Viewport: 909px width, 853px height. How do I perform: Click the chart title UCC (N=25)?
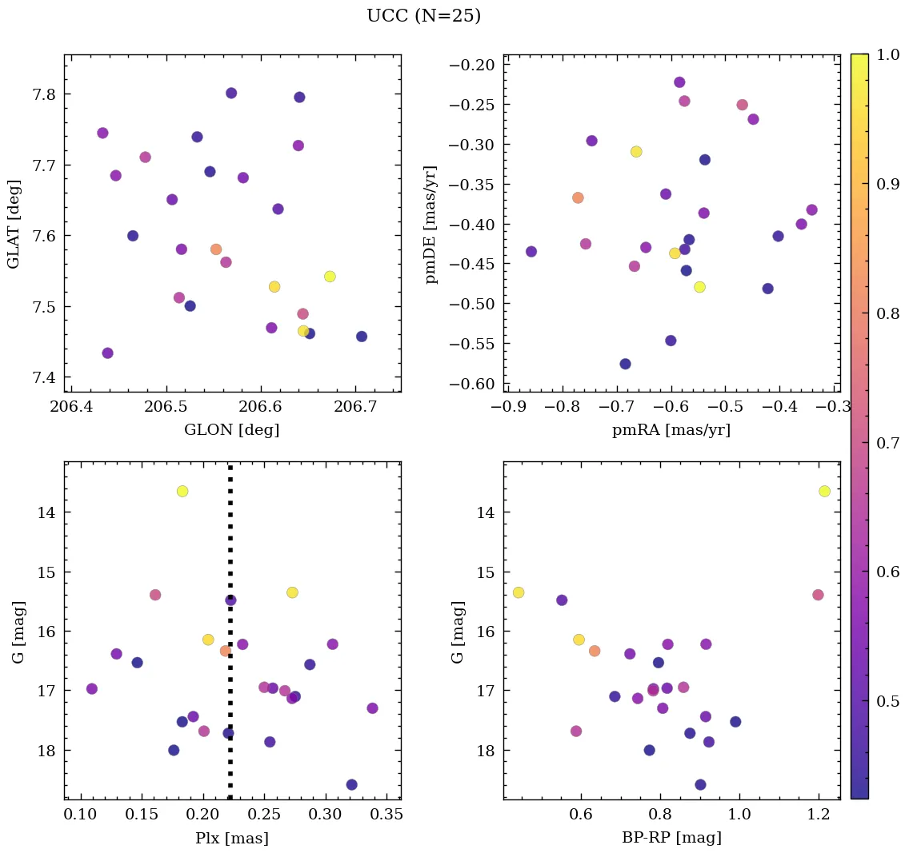pyautogui.click(x=423, y=16)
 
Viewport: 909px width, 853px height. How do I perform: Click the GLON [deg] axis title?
pyautogui.click(x=232, y=430)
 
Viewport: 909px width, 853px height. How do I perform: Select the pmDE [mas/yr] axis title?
pyautogui.click(x=432, y=223)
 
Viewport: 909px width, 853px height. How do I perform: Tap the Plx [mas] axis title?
pyautogui.click(x=232, y=839)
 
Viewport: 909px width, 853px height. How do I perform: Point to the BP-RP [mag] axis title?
pyautogui.click(x=671, y=839)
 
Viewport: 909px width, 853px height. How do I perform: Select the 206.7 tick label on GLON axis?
pyautogui.click(x=354, y=407)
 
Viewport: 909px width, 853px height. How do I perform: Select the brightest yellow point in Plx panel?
pyautogui.click(x=182, y=491)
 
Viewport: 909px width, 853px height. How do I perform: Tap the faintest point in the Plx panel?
pyautogui.click(x=351, y=784)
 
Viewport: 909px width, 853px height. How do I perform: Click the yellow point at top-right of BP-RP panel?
pyautogui.click(x=824, y=491)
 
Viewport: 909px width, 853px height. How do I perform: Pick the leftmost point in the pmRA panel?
pyautogui.click(x=531, y=251)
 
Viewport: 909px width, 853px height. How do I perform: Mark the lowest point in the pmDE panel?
pyautogui.click(x=625, y=364)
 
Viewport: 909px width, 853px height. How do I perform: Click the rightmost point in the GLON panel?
pyautogui.click(x=362, y=337)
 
